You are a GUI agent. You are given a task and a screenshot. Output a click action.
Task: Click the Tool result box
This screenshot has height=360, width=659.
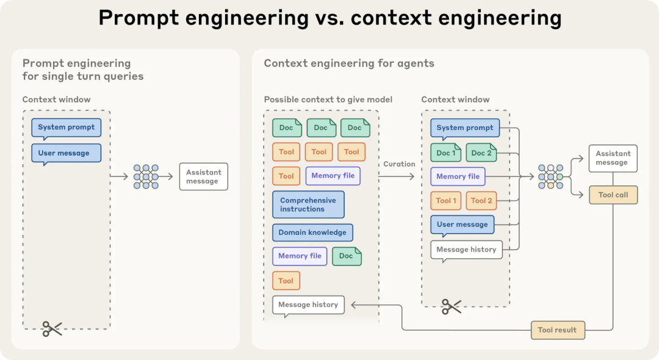558,330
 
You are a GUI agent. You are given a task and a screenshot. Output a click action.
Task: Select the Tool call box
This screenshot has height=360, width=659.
613,195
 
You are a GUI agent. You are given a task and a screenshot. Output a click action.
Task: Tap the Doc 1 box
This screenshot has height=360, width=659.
446,153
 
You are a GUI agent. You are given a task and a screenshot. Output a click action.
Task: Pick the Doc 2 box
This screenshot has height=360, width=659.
481,153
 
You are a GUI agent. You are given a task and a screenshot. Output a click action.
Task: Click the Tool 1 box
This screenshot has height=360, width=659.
446,201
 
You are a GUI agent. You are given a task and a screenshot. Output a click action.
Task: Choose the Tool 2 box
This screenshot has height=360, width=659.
481,201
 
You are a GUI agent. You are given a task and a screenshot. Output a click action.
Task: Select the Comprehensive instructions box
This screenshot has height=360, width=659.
309,204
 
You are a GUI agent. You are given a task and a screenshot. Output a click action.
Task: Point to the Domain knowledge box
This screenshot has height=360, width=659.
312,232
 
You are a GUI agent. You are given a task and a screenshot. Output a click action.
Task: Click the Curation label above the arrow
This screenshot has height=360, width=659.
399,164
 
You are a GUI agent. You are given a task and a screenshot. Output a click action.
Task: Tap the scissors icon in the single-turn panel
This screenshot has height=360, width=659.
52,329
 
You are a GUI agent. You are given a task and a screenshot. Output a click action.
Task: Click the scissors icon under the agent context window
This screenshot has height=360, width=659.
452,307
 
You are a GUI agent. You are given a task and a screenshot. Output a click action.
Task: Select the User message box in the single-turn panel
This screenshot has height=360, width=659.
67,154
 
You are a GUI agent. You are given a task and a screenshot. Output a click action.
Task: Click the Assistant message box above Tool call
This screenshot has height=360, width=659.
613,159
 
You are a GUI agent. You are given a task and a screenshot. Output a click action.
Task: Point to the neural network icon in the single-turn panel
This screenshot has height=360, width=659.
146,177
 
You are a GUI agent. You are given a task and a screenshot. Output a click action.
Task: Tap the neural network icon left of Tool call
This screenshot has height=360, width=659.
550,177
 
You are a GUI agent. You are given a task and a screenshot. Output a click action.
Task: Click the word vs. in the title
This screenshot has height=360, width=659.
329,18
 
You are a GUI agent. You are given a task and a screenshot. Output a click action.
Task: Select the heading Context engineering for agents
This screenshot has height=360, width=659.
349,63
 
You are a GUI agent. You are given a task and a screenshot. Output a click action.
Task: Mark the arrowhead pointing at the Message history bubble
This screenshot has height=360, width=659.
354,305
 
